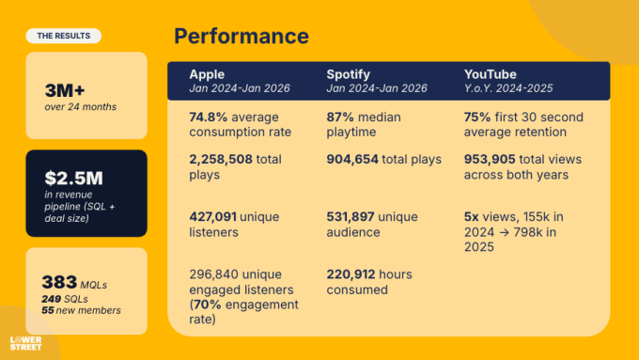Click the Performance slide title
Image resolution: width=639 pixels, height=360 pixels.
pos(242,36)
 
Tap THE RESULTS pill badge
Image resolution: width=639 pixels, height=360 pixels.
pos(64,36)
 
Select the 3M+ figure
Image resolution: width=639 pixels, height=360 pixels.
pos(65,90)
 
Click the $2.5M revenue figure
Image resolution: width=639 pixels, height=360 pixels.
pos(73,179)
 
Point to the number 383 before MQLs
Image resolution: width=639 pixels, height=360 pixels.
pos(59,282)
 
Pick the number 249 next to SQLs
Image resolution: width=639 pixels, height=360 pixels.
pos(51,299)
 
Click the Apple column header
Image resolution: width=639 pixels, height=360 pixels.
pos(207,74)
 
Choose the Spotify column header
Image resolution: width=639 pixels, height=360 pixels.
pos(348,74)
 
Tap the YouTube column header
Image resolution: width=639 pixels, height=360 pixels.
pos(491,74)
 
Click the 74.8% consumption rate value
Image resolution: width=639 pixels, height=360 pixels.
pos(209,117)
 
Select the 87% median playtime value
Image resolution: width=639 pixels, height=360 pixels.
pos(340,117)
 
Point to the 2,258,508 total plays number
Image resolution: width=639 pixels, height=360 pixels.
pos(221,160)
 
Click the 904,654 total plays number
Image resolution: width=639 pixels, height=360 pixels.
pos(352,160)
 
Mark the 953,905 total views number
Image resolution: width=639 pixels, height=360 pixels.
pos(490,160)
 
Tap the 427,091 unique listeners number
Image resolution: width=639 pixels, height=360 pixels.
pos(212,217)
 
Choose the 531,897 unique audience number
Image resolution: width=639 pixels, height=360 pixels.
pos(351,217)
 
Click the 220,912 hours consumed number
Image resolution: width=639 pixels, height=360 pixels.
pos(350,274)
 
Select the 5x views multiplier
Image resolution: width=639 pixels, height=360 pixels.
pos(472,217)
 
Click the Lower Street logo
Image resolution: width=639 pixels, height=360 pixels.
pos(25,343)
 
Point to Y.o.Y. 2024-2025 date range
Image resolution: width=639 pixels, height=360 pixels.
pos(508,88)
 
